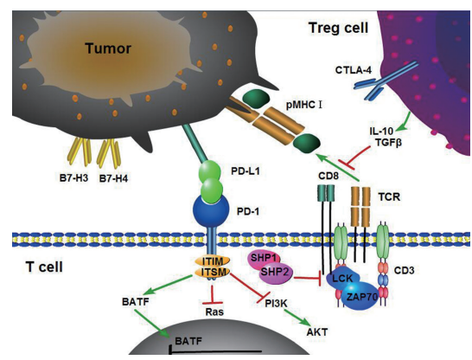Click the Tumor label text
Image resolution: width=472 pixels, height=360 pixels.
pos(108,48)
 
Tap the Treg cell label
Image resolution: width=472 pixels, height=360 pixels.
pos(338,28)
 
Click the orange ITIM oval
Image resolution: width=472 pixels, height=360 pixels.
pos(213,260)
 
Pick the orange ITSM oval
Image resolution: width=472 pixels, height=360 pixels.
pos(213,272)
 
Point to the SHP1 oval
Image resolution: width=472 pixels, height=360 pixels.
pos(264,258)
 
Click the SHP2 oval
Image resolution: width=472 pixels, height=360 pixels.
pos(276,273)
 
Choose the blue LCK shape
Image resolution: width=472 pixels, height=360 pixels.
pos(343,278)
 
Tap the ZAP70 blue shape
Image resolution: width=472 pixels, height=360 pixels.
pos(360,297)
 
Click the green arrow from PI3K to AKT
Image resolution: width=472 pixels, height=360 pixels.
pos(297,317)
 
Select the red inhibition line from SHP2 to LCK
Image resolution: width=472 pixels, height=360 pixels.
pos(308,279)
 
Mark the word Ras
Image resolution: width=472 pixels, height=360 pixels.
pos(214,312)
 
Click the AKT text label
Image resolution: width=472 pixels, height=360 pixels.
pos(317,332)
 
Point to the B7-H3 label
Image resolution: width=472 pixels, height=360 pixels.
pos(73,178)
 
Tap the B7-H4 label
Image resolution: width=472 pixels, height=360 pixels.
pos(113,178)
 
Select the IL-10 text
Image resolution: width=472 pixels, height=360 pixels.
pos(381,131)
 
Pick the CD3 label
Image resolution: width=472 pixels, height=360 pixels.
pos(404,270)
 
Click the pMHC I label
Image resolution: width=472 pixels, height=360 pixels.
pos(304,105)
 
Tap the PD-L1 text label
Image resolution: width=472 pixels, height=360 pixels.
pos(246,171)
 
